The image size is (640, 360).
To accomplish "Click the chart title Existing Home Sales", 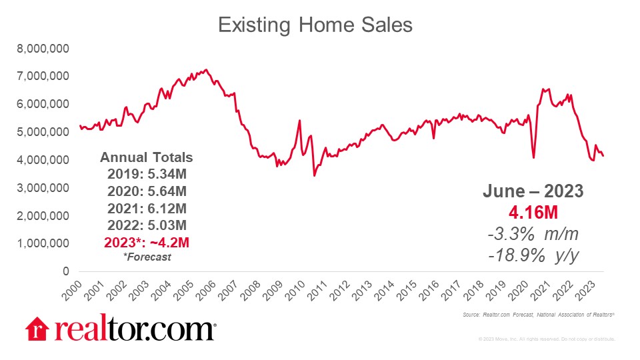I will tap(315, 25).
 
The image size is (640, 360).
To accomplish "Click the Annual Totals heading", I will tap(146, 158).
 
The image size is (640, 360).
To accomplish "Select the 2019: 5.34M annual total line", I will tap(146, 175).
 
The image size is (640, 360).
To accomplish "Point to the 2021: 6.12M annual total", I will tap(146, 208).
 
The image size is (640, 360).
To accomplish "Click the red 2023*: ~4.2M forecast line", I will tap(146, 241).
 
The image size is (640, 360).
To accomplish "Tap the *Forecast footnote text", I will tap(146, 256).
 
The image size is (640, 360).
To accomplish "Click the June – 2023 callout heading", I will tap(533, 192).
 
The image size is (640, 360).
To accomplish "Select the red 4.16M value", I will tap(533, 213).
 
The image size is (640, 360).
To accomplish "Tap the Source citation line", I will tap(537, 314).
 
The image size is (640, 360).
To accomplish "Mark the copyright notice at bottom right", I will tap(546, 339).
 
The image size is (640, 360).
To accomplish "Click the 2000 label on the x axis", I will tap(75, 288).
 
